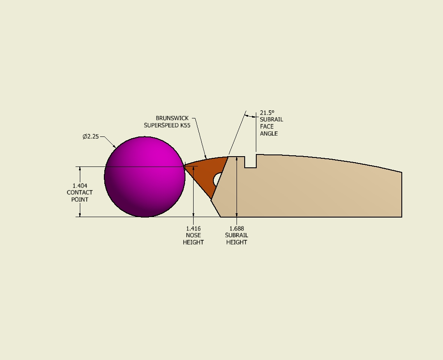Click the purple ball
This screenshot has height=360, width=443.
pos(145,177)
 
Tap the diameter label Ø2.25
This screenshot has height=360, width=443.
pos(91,136)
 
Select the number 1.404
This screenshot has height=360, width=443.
pos(80,186)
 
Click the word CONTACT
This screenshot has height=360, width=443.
pos(80,193)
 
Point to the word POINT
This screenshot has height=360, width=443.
pos(80,200)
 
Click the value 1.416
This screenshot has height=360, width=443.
pos(193,228)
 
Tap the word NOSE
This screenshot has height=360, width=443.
pos(193,235)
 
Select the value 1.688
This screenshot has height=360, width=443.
pos(237,228)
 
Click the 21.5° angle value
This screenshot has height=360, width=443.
pos(267,113)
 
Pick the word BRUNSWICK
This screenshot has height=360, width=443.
pos(172,118)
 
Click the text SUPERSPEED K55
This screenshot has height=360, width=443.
pos(167,125)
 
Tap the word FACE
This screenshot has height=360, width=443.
pos(267,127)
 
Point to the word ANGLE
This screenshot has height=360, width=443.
pos(269,133)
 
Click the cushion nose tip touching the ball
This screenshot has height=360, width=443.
pos(184,166)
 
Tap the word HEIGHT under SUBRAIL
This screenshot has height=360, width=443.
pos(237,242)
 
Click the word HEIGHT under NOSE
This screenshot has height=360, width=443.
pos(193,242)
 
